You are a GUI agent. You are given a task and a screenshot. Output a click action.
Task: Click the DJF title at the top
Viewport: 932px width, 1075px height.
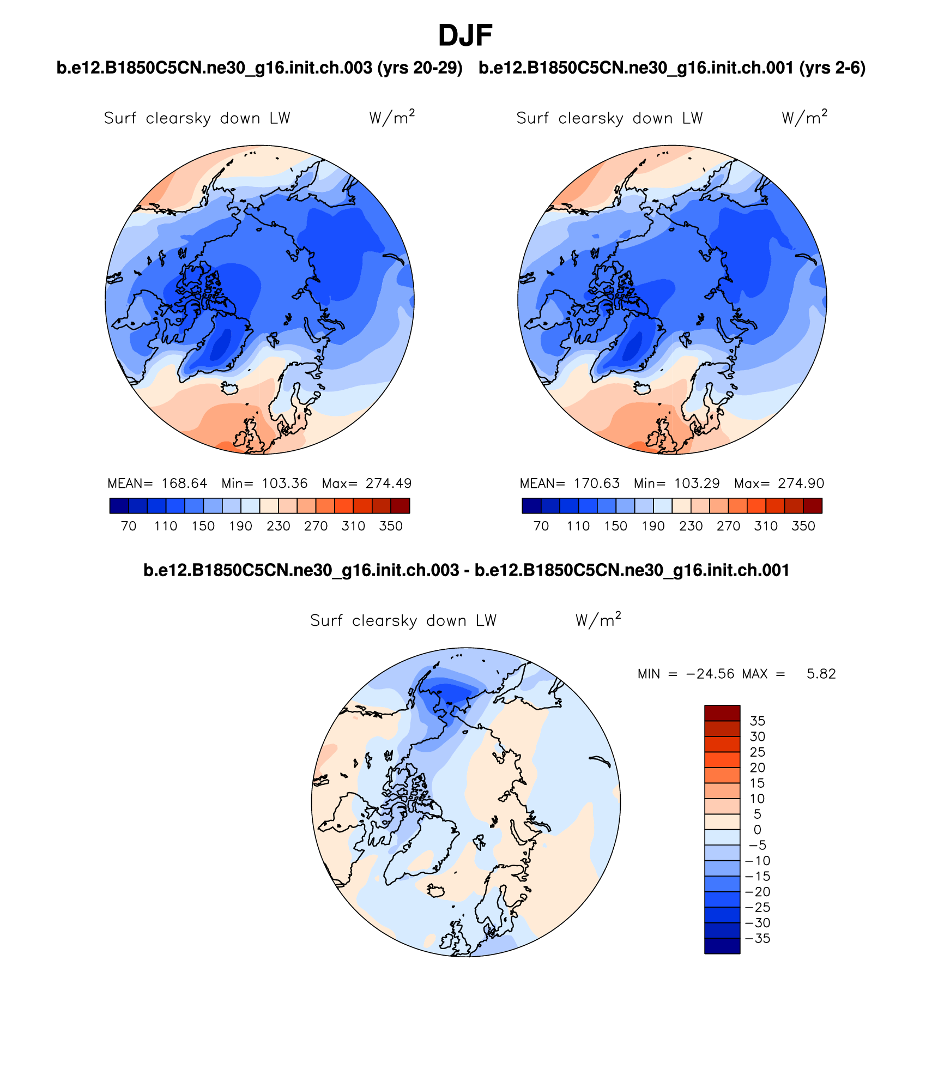point(465,36)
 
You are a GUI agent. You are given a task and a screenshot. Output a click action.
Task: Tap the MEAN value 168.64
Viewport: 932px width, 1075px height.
point(184,484)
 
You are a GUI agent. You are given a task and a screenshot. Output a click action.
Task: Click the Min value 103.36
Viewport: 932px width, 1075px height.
point(285,484)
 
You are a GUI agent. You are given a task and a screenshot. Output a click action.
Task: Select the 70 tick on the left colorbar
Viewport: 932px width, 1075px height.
point(129,526)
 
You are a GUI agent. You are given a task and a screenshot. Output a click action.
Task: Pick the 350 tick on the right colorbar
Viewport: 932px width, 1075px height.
point(803,526)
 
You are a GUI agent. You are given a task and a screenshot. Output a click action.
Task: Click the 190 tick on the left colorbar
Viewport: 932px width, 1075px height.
point(240,526)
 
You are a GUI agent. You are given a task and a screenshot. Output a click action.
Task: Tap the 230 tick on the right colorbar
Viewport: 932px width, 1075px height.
point(691,526)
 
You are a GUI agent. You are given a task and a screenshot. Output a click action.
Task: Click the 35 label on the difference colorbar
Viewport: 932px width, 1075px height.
point(757,721)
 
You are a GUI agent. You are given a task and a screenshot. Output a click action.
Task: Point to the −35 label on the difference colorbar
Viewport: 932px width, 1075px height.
point(757,939)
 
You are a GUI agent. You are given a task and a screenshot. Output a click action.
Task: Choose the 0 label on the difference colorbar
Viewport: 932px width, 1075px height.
point(757,830)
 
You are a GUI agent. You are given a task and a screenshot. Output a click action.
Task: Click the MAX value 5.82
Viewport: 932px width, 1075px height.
point(821,674)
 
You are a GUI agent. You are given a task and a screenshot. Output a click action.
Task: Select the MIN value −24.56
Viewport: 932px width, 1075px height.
point(710,674)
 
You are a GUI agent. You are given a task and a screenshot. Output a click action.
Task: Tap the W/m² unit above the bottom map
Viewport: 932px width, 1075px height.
point(598,620)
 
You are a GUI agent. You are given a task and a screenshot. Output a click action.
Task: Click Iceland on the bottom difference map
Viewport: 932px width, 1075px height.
point(436,891)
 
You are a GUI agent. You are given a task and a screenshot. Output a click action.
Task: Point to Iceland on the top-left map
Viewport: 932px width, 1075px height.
point(230,388)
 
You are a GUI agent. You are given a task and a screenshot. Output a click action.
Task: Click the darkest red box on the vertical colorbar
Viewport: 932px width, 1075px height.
point(722,713)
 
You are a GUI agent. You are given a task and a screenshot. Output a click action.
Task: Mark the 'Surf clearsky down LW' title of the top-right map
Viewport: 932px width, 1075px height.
point(609,118)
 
